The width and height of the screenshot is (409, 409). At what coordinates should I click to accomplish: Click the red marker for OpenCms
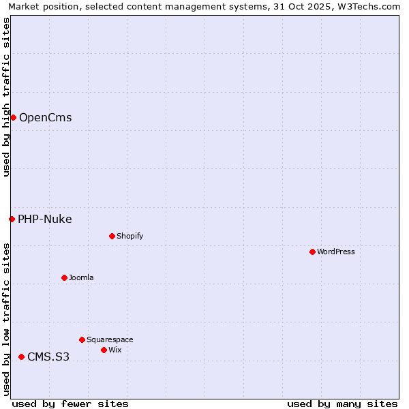[x=13, y=118]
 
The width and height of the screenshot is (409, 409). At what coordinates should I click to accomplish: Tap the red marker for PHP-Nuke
[x=12, y=219]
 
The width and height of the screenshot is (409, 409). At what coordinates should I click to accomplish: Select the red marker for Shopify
[x=112, y=237]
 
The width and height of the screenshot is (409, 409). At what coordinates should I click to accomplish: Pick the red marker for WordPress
[x=312, y=252]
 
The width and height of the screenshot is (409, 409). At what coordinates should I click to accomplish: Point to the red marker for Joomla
[x=64, y=277]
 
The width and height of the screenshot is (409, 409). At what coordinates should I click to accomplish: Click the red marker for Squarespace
[x=82, y=339]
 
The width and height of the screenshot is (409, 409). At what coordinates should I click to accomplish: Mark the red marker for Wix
[x=104, y=350]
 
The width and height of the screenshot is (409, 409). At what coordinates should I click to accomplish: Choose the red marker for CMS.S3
[x=21, y=357]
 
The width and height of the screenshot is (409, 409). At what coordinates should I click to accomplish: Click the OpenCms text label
[x=45, y=118]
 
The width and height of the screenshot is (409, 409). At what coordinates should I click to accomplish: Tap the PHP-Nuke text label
[x=44, y=219]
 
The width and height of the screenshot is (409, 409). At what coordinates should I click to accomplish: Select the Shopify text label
[x=130, y=237]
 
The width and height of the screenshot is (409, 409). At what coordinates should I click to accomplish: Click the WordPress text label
[x=335, y=252]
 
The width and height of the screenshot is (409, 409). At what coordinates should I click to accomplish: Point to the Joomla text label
[x=81, y=277]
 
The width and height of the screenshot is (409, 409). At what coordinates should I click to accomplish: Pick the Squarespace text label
[x=110, y=339]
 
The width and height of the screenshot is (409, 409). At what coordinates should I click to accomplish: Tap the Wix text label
[x=115, y=350]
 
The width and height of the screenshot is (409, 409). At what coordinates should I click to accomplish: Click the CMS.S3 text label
[x=48, y=357]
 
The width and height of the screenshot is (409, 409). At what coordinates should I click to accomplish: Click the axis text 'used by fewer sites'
[x=70, y=404]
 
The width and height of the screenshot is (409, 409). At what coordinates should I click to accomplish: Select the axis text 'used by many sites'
[x=342, y=404]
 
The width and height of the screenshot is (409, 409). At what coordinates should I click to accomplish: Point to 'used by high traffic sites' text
[x=6, y=97]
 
